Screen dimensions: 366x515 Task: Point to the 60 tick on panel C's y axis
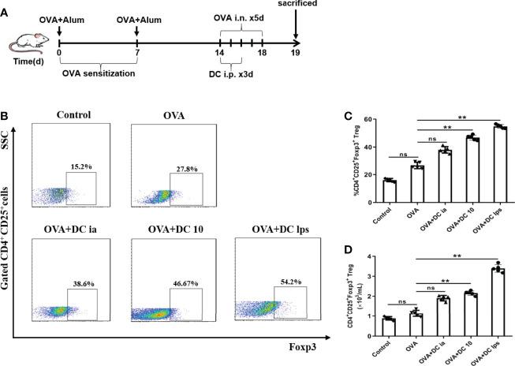[367, 120]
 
